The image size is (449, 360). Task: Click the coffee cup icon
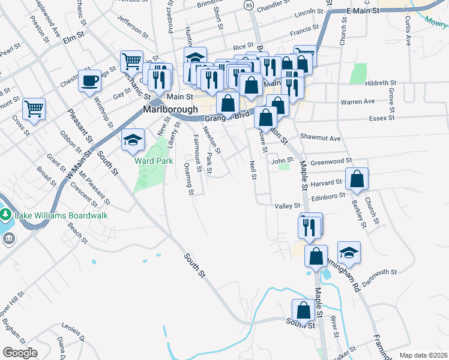click(x=89, y=80)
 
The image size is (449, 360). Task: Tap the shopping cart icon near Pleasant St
click(x=34, y=109)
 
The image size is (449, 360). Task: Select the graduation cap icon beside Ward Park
click(x=133, y=140)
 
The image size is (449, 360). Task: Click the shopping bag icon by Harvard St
click(x=357, y=179)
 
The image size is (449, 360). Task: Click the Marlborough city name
click(x=170, y=110)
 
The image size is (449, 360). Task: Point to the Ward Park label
click(x=153, y=161)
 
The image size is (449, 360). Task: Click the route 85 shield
click(x=249, y=5)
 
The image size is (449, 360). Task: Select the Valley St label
click(x=287, y=206)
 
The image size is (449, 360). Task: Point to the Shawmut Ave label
click(x=321, y=138)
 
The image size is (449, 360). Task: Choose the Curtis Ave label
click(x=408, y=31)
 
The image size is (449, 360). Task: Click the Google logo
click(x=20, y=353)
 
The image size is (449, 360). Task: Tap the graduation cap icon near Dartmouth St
click(x=349, y=253)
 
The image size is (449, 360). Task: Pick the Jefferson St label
click(x=133, y=28)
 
